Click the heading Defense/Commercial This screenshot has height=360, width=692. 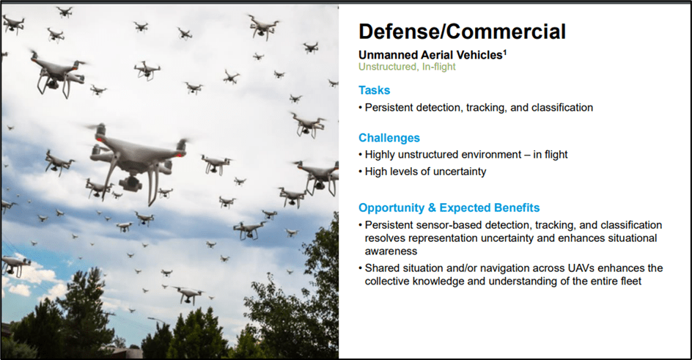(462, 32)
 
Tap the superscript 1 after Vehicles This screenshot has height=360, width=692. (505, 52)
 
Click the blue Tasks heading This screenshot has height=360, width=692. (375, 90)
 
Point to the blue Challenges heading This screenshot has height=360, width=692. (389, 138)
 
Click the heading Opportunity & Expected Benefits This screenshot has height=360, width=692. (449, 207)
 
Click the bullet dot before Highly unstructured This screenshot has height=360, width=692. (361, 155)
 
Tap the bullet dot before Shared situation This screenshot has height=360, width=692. (361, 268)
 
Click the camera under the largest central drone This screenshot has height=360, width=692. (131, 183)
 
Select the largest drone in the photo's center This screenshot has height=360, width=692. (138, 159)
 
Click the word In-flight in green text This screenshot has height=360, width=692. (438, 67)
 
